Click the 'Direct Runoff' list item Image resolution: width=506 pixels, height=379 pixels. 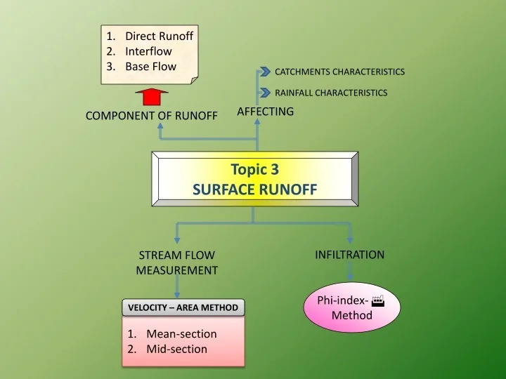(159, 35)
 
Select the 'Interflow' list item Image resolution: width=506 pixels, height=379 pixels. (148, 51)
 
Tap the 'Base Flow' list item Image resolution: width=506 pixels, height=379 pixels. (150, 67)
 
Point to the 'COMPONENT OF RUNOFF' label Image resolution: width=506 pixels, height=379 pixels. (151, 116)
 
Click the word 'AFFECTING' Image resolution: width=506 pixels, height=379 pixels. (265, 111)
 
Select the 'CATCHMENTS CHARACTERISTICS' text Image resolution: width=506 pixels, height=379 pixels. (339, 72)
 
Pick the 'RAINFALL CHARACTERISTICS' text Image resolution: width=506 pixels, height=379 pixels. (330, 93)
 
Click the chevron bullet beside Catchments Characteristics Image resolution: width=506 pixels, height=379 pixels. (265, 72)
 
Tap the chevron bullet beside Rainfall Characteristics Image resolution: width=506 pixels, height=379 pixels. (265, 93)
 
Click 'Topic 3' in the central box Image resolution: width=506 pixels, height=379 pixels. (254, 169)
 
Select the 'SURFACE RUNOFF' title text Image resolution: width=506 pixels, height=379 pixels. (254, 189)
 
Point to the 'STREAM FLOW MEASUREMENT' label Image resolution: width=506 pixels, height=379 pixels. (176, 262)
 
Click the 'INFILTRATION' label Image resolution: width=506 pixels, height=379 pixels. (349, 255)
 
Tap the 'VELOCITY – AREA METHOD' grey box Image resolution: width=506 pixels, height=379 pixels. (183, 307)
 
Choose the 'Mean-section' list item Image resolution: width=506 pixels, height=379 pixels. (181, 334)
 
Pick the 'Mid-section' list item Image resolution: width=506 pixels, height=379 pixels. (176, 349)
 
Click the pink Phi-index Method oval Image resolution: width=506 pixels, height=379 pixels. (351, 307)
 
